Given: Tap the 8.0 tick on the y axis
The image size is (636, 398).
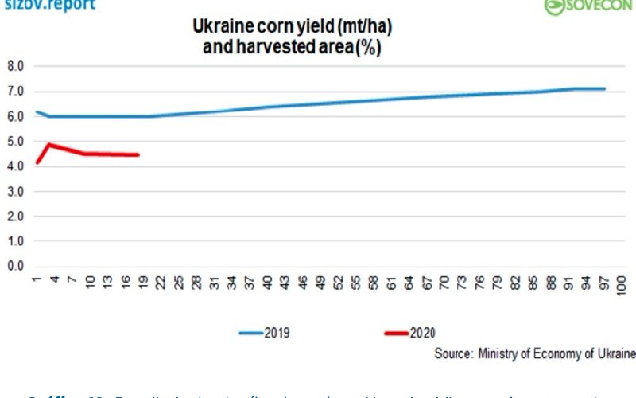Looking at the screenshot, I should coord(15,66).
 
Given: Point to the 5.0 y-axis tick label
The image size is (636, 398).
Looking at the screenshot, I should coord(15,142).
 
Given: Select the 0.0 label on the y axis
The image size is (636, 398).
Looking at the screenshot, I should coord(15,266).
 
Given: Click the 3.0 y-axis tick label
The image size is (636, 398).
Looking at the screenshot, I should coord(15,191).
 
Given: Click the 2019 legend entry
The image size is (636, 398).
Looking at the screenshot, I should coord(265,333).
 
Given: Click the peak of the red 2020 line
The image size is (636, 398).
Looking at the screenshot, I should coord(49,144).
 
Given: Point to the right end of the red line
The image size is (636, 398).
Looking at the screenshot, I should coord(138,154).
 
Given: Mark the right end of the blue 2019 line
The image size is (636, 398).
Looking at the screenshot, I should coord(605,88).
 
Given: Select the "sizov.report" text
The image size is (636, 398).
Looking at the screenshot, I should coord(48,5).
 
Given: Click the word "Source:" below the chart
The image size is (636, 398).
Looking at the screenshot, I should coord(452,353).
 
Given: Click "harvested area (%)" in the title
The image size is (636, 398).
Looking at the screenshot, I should coord(293,48).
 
